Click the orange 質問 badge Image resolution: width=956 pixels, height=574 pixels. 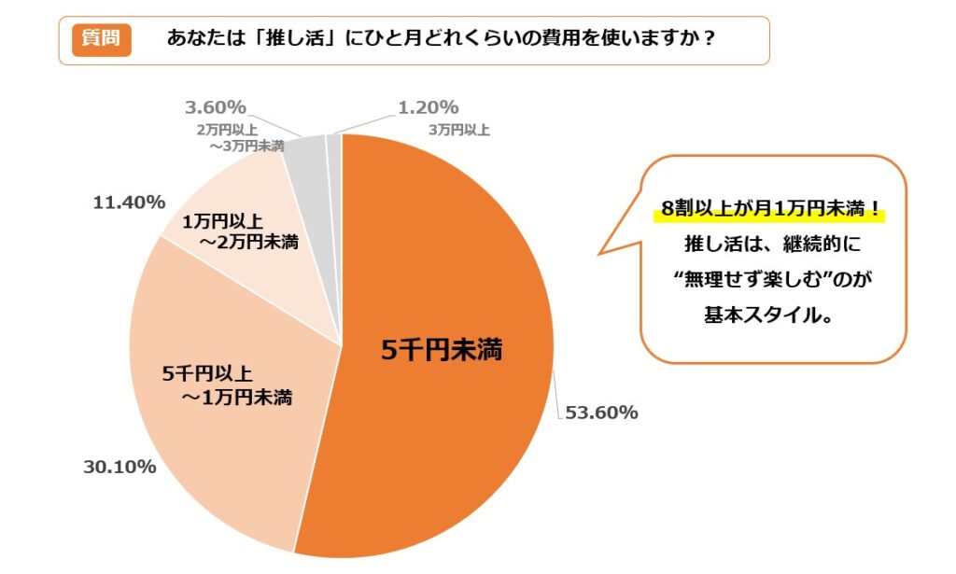[x=102, y=39]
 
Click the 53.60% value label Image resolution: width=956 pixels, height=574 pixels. [x=601, y=413]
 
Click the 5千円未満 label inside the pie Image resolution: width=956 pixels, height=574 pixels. [x=442, y=351]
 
